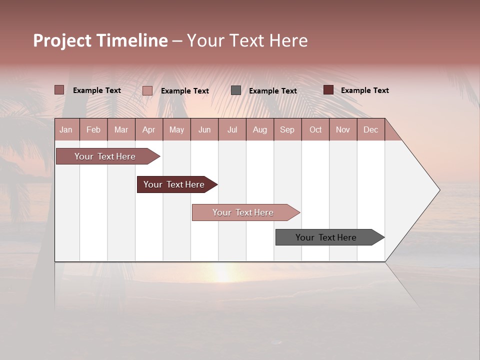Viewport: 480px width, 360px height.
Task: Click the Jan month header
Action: click(66, 129)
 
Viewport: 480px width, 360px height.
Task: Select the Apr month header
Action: click(148, 129)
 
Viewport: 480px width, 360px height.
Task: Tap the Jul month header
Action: click(232, 129)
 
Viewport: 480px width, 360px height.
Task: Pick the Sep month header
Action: click(287, 129)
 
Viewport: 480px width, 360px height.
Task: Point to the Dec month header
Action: click(370, 129)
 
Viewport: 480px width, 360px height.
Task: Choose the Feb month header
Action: click(93, 129)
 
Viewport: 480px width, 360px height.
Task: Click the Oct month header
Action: click(315, 129)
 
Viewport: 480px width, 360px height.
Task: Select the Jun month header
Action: click(204, 129)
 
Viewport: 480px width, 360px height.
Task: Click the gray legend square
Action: click(236, 90)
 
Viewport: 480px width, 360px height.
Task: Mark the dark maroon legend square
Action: click(328, 90)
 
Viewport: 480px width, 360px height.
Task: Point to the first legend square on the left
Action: click(59, 90)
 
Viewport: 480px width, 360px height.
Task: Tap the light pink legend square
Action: click(147, 90)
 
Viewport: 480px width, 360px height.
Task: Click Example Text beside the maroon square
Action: click(364, 90)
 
